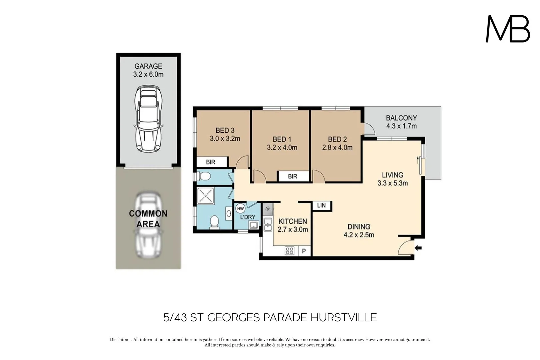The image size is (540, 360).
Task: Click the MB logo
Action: click(x=508, y=29)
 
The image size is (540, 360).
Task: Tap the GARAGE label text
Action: click(x=148, y=66)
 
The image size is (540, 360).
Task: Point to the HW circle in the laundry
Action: click(x=240, y=209)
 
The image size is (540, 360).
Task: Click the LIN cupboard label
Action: click(x=321, y=205)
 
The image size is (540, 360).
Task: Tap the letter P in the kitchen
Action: click(x=304, y=251)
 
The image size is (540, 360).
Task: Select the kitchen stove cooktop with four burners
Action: click(x=289, y=251)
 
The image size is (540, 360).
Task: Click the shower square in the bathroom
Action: click(x=205, y=196)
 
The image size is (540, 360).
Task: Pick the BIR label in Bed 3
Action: click(x=211, y=162)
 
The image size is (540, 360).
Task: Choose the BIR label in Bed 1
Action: click(x=293, y=176)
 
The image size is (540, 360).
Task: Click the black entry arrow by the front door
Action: click(x=418, y=248)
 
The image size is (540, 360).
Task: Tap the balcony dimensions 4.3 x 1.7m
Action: click(x=401, y=126)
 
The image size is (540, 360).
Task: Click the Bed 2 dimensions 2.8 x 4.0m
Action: click(x=337, y=147)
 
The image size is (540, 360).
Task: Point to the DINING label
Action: click(x=359, y=227)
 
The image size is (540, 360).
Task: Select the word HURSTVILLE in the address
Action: click(x=343, y=317)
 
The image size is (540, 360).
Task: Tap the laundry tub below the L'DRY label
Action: click(x=253, y=225)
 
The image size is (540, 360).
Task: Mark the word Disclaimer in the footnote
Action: click(x=121, y=340)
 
